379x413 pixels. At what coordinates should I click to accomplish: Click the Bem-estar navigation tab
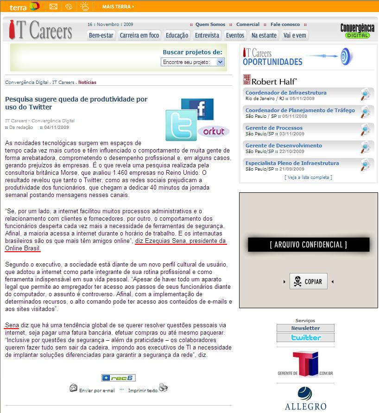101,35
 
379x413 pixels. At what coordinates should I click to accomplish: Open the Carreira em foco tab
139,35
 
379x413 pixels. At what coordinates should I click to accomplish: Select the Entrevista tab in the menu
207,35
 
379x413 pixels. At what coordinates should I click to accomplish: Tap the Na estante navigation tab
264,35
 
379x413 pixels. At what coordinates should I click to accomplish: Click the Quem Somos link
210,25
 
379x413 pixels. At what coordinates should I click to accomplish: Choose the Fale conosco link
285,25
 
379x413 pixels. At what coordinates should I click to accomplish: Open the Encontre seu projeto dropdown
193,62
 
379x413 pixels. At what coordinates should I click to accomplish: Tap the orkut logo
214,131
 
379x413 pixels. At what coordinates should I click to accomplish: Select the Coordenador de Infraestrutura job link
286,93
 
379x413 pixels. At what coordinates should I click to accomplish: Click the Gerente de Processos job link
274,128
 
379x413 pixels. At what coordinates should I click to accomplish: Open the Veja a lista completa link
308,178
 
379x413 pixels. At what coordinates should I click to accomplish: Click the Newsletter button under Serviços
305,328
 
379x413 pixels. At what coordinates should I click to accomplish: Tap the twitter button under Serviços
305,337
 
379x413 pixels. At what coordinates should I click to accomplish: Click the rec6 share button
118,378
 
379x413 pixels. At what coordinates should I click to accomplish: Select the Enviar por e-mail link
97,390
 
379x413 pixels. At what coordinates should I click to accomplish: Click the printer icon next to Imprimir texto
164,388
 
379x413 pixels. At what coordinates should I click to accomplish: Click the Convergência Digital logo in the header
357,31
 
